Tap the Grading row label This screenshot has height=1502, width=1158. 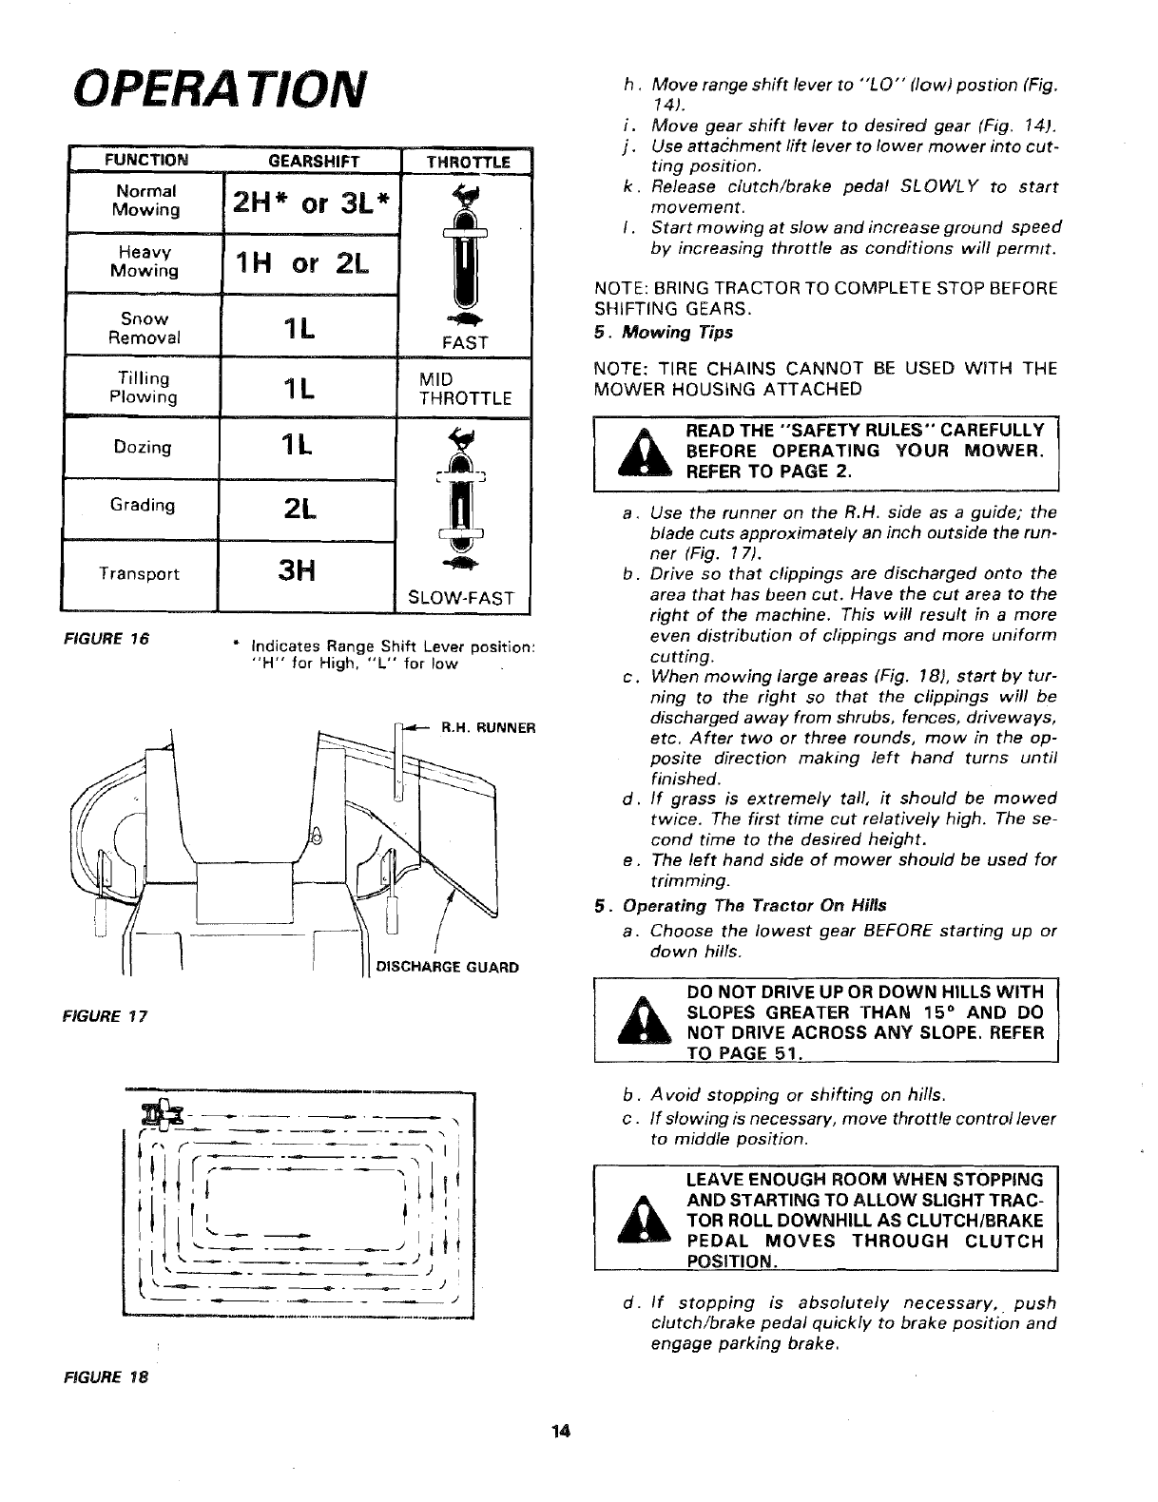[143, 505]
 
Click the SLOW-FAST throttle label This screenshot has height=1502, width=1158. [460, 598]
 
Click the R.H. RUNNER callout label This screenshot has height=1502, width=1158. [488, 728]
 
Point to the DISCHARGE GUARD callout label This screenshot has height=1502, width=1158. [448, 968]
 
